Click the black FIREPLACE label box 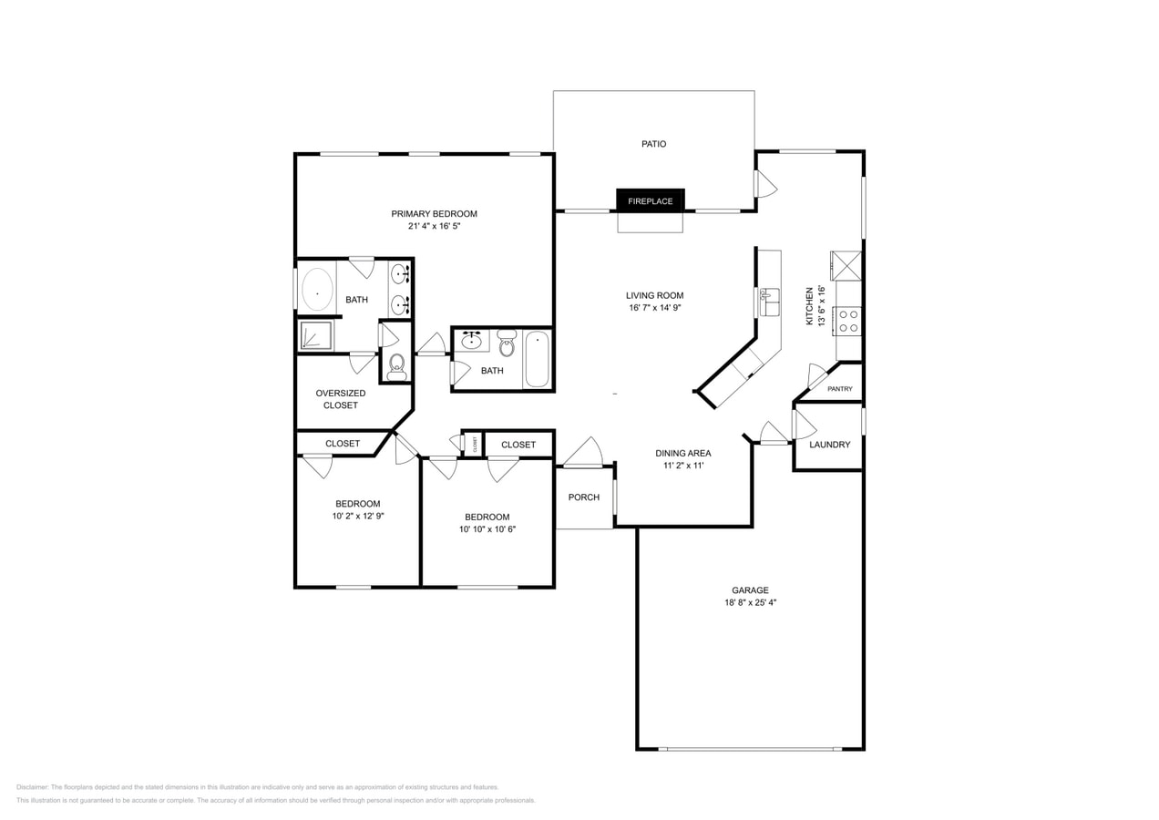[x=650, y=200]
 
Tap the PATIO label [x=653, y=144]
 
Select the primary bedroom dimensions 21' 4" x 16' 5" [x=434, y=226]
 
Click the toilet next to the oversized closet [x=396, y=365]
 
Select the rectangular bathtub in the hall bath [x=537, y=358]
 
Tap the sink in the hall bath [x=472, y=342]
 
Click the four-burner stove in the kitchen [x=848, y=321]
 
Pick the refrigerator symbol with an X [x=846, y=266]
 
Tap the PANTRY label [x=839, y=389]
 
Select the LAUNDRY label [x=829, y=445]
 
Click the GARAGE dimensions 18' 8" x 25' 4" [x=749, y=602]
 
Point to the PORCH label [x=583, y=497]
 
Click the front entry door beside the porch [x=583, y=453]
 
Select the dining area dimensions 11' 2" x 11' [x=682, y=466]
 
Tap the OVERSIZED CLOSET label [x=341, y=399]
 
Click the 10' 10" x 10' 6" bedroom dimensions [x=487, y=529]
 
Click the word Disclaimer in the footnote [x=32, y=787]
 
